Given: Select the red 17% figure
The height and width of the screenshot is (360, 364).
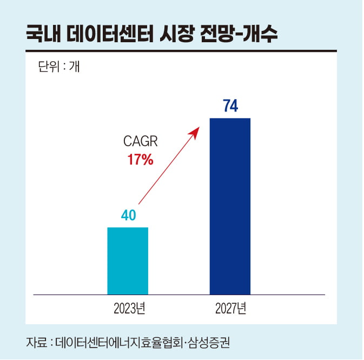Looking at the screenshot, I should pos(140,160).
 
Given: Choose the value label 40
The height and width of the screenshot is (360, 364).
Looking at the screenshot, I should pos(128,215).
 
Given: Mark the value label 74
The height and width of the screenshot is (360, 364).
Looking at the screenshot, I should pos(230,106).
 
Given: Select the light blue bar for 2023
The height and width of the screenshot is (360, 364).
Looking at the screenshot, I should pos(128,260).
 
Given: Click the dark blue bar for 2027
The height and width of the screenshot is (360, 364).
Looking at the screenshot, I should pos(230,206).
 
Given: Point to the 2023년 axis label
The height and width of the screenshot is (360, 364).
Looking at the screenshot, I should pos(129,309).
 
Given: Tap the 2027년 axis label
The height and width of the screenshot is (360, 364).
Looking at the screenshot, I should pos(230,309).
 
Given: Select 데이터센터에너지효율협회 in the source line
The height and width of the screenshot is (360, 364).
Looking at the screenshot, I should pos(117,343).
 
